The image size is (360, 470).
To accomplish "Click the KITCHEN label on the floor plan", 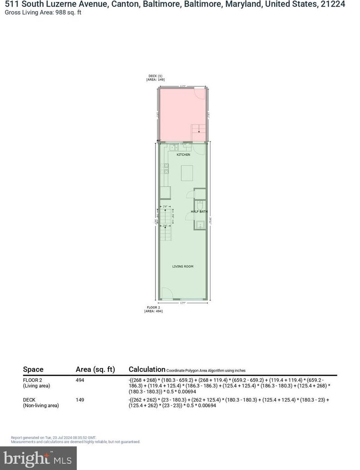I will (x=183, y=155).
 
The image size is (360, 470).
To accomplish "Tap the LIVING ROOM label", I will (x=183, y=267).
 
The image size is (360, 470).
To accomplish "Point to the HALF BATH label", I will (x=198, y=211).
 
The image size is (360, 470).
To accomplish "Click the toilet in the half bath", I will (x=200, y=205).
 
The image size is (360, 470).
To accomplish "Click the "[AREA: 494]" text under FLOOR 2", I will (x=153, y=311).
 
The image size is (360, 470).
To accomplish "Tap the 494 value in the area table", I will (x=80, y=380).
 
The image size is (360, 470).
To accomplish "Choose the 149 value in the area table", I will (x=80, y=400).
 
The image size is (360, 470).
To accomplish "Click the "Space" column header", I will (x=33, y=370).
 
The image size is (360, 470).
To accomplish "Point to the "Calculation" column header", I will (x=147, y=369).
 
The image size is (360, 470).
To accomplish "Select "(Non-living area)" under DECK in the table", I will (x=41, y=406).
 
